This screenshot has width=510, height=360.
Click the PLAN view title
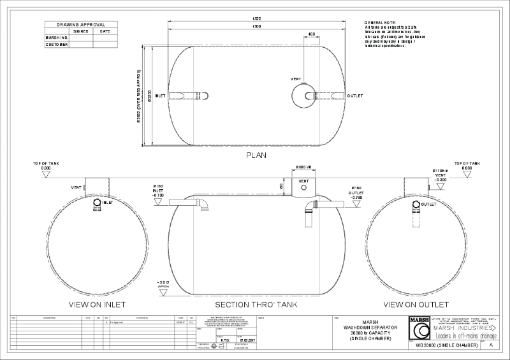(x=255, y=155)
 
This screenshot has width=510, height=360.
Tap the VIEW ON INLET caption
(x=99, y=305)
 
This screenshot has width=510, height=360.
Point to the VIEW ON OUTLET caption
(x=412, y=305)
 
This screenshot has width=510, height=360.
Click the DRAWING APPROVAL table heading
(x=80, y=24)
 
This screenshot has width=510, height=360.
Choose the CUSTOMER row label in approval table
(x=57, y=45)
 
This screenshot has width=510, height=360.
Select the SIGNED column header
(x=81, y=31)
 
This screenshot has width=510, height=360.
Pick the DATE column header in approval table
(x=105, y=31)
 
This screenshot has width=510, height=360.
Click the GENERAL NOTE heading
(x=381, y=22)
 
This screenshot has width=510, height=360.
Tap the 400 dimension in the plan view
(x=311, y=34)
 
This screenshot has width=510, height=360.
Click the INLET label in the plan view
(x=161, y=96)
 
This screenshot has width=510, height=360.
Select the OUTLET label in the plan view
(x=355, y=96)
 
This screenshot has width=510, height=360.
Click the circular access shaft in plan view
(x=304, y=96)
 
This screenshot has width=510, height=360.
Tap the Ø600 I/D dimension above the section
(x=303, y=166)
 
